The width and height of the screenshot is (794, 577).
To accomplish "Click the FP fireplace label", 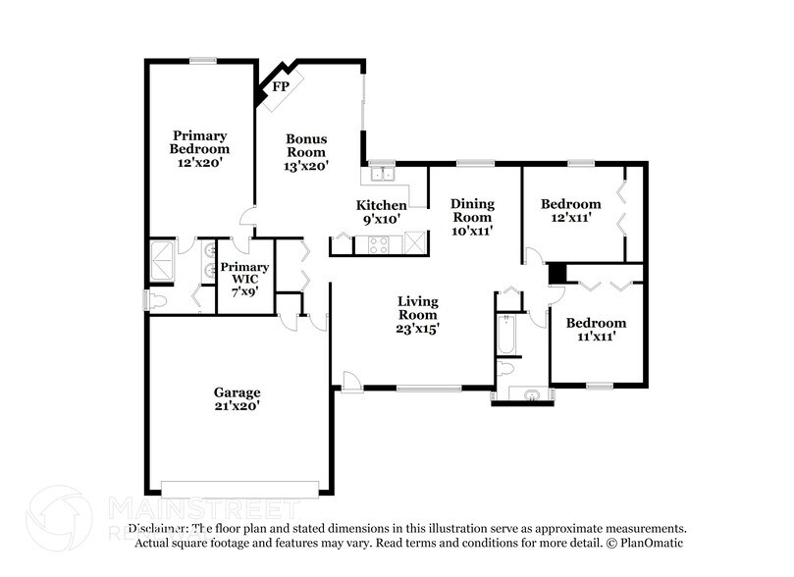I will point(281,87).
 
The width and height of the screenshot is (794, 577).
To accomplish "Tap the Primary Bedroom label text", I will point(200,149).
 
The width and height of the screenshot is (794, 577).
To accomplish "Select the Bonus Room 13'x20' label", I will point(306,152).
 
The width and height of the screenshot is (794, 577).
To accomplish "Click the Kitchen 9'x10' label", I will point(381,212).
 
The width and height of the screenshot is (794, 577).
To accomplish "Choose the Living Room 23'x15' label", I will point(417,315).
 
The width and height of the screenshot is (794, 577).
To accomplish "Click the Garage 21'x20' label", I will point(237,398).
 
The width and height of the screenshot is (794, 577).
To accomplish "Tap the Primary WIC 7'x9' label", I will point(244,279).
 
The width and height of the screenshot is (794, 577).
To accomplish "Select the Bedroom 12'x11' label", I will point(570,211).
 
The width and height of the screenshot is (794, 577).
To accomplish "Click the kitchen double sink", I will point(378,175).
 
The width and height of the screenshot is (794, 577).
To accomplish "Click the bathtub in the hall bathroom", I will point(506,334).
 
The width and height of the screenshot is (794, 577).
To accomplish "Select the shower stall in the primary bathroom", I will point(161,261).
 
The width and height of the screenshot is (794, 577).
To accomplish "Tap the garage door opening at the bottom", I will point(239,488).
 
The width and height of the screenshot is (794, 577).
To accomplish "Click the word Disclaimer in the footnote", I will point(157,528).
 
